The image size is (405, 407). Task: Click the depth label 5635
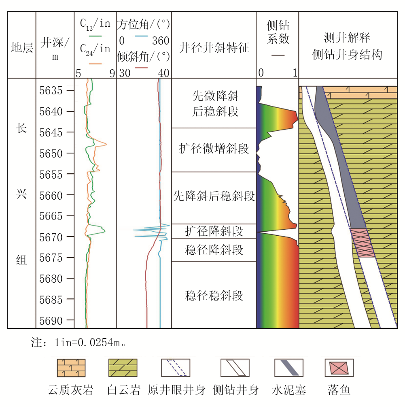pos(51,91)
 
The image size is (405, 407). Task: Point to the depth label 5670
pos(51,237)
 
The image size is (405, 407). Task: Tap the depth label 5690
pos(51,321)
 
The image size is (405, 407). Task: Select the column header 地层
pos(22,48)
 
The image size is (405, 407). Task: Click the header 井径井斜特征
pos(214,48)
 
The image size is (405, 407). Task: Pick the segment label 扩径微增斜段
pos(214,149)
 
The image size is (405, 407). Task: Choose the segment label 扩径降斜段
pos(214,231)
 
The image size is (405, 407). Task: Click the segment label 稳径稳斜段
pos(214,295)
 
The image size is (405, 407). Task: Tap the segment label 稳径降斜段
pos(214,250)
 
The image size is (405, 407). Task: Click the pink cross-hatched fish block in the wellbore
pos(363,243)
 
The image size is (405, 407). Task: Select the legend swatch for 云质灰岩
pos(71,368)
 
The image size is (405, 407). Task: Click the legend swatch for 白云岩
pos(123,368)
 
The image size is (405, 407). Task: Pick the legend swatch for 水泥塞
pos(289,368)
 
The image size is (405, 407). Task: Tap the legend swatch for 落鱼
pos(339,368)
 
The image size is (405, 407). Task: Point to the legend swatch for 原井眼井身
pos(176,368)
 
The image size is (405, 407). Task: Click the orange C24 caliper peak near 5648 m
pos(106,144)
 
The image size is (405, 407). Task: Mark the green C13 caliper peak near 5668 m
pos(104,230)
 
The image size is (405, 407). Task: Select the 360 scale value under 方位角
pos(161,41)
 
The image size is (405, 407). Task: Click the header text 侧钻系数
pos(278,32)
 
